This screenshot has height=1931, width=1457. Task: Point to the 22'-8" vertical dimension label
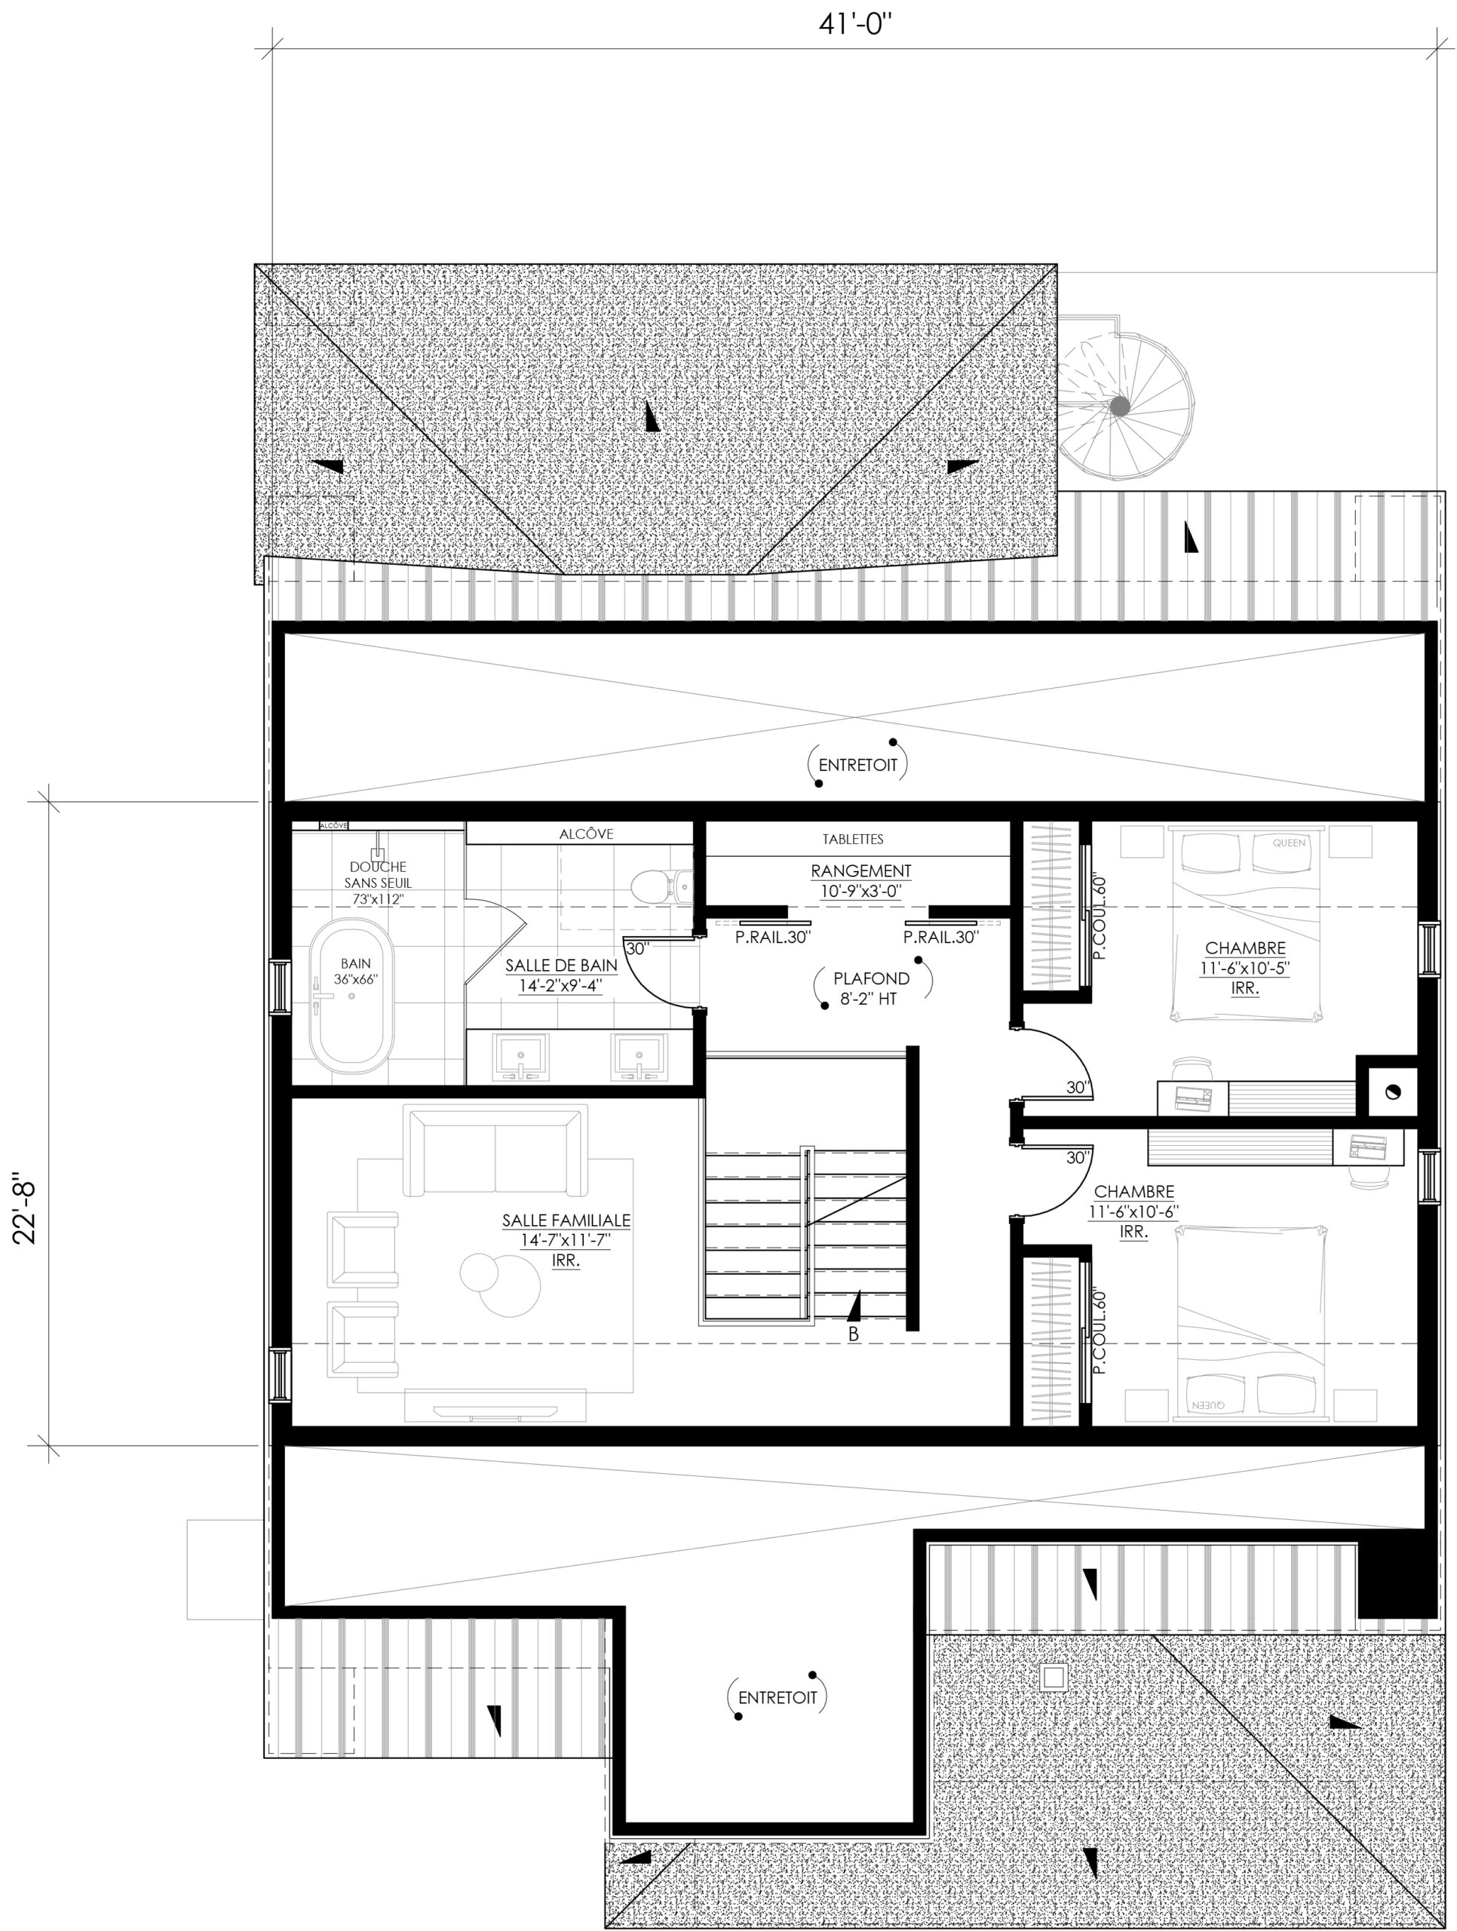tap(26, 1213)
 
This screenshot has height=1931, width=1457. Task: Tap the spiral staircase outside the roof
tap(1126, 407)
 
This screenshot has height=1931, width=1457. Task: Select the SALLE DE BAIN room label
tap(561, 975)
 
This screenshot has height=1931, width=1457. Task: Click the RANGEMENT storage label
tap(860, 880)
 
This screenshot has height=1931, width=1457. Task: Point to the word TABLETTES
tap(853, 839)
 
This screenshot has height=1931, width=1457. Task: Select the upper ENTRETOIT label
tap(858, 766)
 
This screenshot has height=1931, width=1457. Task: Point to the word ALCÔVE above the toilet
tap(587, 833)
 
